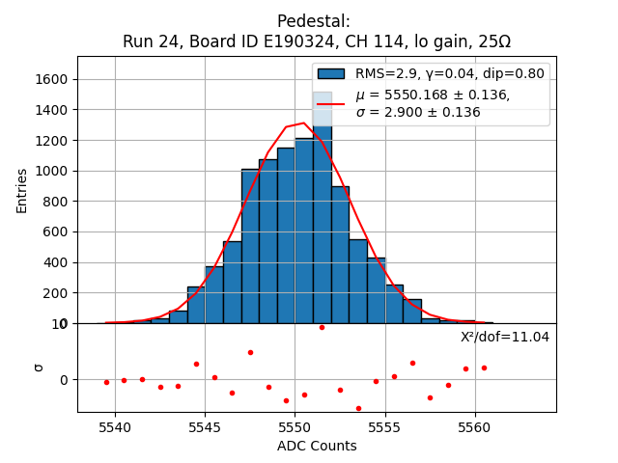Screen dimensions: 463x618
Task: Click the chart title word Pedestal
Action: pos(314,21)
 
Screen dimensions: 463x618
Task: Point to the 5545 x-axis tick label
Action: pos(205,427)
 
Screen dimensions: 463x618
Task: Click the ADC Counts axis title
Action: pos(317,446)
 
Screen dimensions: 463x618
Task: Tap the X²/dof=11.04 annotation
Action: pos(504,337)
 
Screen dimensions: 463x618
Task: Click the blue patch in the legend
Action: pos(331,74)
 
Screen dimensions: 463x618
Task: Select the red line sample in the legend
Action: pos(331,103)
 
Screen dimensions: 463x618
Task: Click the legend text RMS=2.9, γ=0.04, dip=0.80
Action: pos(450,73)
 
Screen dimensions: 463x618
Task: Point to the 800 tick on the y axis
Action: pos(57,202)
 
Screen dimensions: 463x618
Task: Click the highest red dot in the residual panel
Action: pos(322,327)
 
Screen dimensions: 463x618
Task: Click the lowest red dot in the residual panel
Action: pos(358,408)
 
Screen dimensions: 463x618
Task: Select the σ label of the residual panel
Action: pos(39,367)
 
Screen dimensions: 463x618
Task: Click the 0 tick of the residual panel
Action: pos(65,380)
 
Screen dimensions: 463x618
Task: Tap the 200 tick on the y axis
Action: pos(57,293)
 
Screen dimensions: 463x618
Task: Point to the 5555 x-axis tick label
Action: pos(385,427)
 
